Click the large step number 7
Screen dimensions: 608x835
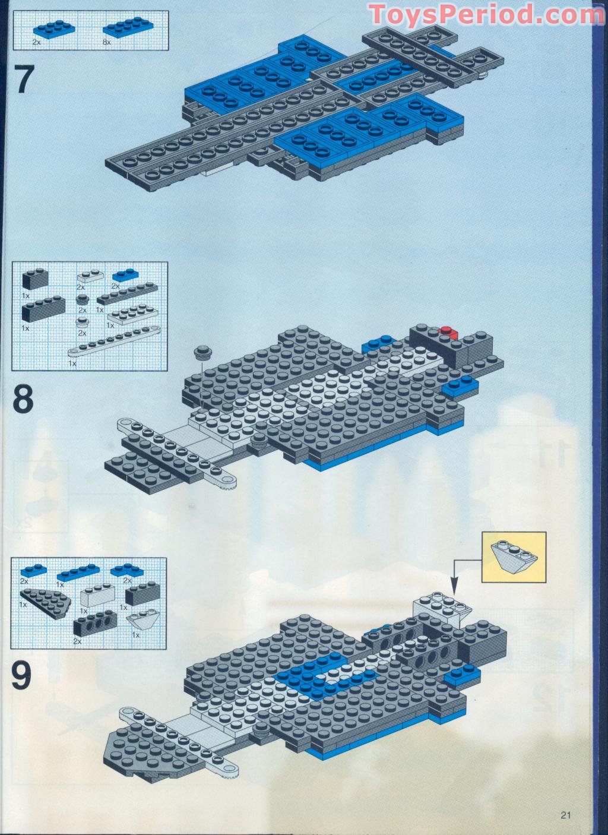24,79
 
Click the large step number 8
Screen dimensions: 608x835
23,400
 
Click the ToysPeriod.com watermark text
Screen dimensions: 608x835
486,14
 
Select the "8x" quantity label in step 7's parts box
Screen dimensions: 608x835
107,43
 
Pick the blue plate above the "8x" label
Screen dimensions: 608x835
128,27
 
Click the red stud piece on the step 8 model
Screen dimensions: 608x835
448,331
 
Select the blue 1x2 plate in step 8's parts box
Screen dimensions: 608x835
125,275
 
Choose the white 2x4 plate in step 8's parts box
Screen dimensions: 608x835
132,314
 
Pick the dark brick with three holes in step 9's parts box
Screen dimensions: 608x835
96,623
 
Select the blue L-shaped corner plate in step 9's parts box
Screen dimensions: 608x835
127,570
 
